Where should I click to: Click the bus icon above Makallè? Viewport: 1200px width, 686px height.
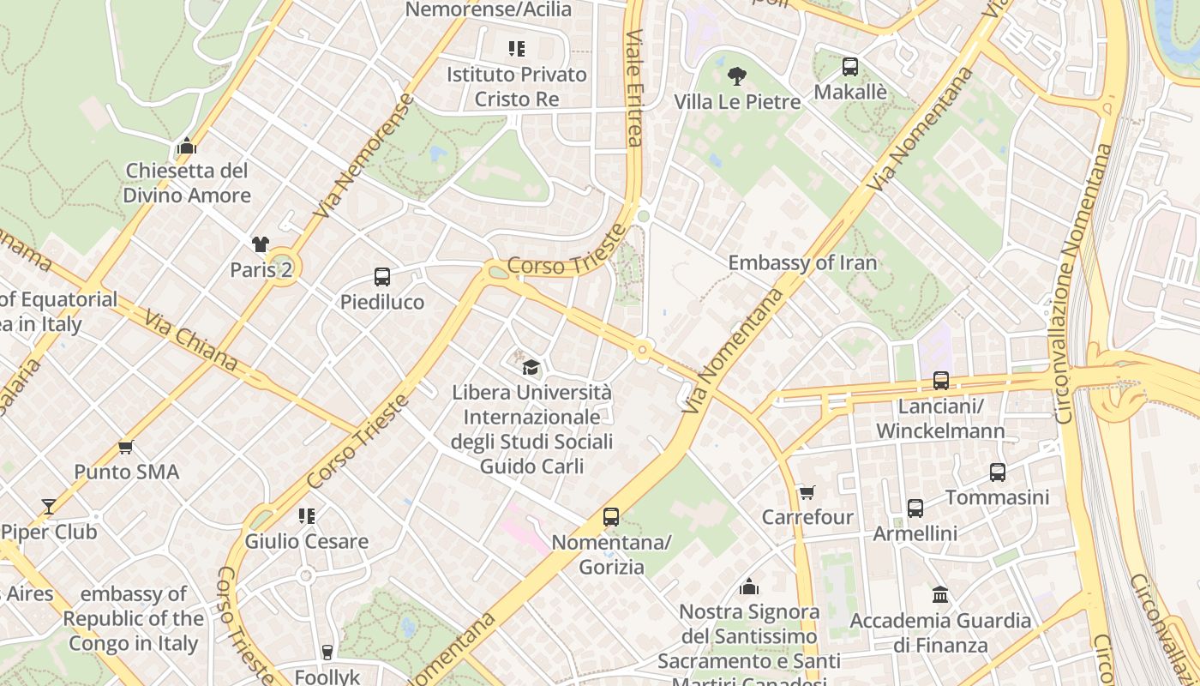tap(849, 66)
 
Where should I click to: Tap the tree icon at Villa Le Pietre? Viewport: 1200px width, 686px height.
tap(736, 76)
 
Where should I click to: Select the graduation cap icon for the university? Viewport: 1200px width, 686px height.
tap(531, 367)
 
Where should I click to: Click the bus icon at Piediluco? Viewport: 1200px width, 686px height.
tap(382, 277)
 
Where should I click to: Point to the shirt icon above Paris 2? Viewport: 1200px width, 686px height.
tap(261, 244)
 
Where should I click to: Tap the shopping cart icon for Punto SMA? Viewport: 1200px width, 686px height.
tap(126, 447)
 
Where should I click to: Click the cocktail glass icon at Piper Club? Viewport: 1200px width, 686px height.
tap(49, 507)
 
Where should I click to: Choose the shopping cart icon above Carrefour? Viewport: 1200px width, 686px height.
tap(807, 492)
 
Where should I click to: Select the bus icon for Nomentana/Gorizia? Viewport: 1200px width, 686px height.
tap(610, 517)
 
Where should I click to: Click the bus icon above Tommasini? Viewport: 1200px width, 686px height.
tap(997, 472)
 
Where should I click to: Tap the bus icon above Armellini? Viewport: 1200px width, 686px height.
tap(915, 508)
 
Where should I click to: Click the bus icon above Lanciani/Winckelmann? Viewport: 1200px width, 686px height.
tap(940, 381)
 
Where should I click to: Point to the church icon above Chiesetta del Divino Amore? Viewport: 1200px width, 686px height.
tap(186, 146)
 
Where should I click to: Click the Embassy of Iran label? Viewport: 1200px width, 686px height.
tap(802, 262)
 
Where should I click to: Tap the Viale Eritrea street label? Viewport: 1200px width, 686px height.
tap(633, 88)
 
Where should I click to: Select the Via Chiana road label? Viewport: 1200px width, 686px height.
tap(190, 341)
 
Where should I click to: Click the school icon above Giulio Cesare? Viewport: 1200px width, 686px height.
tap(306, 516)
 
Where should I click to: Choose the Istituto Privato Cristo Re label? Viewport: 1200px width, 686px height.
tap(517, 87)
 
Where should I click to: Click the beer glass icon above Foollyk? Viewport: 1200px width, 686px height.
tap(327, 652)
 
